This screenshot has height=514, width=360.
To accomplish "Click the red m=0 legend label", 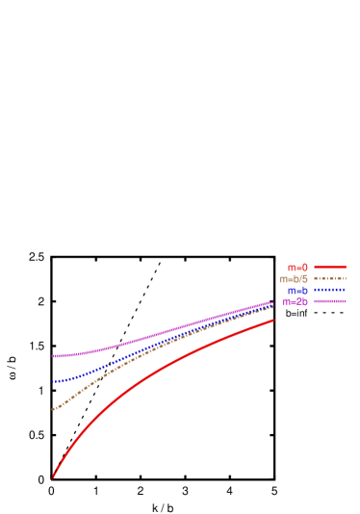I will (297, 268).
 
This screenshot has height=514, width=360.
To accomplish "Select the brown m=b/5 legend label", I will (294, 279).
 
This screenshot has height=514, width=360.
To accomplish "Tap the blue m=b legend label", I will (297, 291).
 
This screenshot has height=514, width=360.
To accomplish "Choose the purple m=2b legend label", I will (295, 302).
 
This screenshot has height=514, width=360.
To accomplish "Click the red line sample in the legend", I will (329, 268).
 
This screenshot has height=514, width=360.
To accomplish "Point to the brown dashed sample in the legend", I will (329, 279).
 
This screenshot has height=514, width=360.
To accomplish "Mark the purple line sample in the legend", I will (329, 302).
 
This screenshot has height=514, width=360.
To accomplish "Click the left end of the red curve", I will (52, 476).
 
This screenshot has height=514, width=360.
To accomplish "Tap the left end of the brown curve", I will (53, 410).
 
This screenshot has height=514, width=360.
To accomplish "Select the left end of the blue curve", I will (53, 382).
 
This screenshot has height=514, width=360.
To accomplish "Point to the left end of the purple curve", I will (53, 356).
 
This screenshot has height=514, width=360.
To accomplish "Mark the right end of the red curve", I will (273, 321).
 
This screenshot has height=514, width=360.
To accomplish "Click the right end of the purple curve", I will (273, 302).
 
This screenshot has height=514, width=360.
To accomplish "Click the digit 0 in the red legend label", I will (304, 268).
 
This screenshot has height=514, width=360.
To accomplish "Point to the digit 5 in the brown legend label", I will (304, 279).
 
